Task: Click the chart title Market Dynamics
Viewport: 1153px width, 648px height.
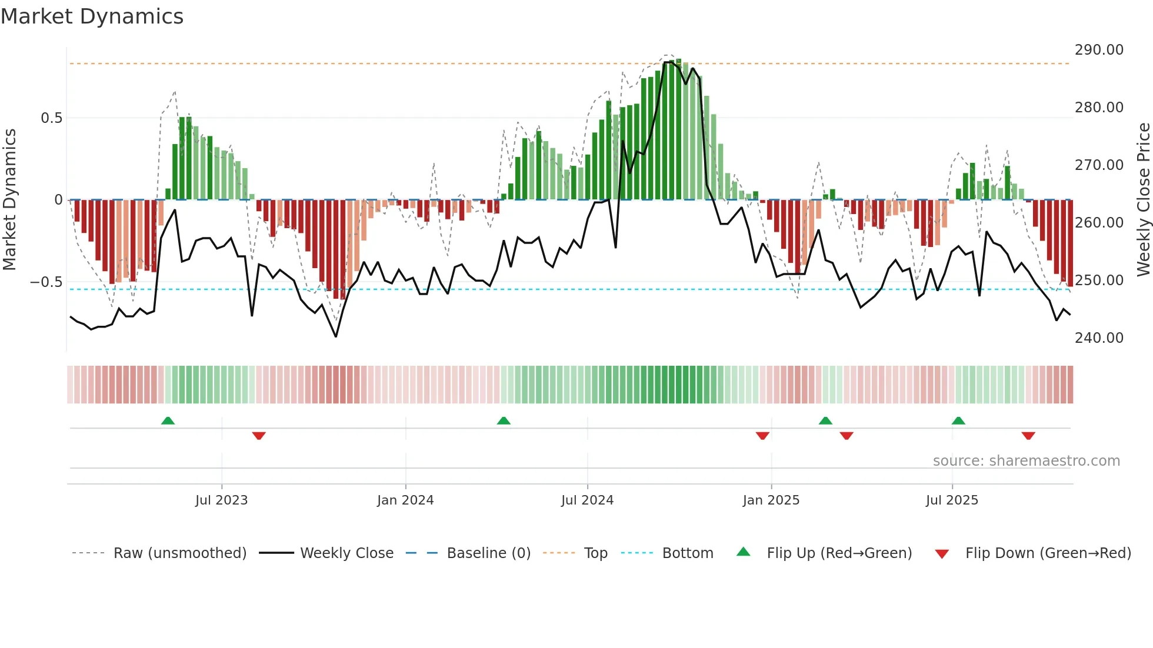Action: coord(92,16)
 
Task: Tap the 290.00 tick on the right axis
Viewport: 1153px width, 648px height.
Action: coord(1099,50)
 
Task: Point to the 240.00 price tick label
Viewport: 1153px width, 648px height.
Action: coord(1099,338)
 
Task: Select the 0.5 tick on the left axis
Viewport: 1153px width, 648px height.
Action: coord(51,118)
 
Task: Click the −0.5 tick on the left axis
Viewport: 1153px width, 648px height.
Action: coord(46,282)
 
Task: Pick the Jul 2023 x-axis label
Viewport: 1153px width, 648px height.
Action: coord(221,500)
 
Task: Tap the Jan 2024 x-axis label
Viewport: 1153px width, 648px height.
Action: coord(405,500)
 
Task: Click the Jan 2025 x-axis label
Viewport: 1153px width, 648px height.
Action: coord(771,500)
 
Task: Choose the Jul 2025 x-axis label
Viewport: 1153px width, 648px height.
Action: coord(952,500)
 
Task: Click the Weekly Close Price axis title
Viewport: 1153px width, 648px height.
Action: coord(1143,199)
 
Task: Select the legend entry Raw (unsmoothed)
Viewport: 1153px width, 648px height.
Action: coord(179,553)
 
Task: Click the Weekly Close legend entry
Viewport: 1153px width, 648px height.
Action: coord(346,553)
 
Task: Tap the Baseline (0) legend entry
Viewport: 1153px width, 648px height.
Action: coord(488,553)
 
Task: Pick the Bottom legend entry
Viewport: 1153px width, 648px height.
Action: coord(687,553)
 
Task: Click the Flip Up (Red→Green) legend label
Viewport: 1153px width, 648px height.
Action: coord(839,553)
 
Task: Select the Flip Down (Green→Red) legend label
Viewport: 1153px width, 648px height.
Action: coord(1048,553)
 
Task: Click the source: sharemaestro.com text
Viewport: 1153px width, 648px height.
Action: coord(1026,461)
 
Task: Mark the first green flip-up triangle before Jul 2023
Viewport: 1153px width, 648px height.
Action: coord(168,420)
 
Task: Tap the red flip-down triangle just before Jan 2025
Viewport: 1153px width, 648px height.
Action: coord(762,436)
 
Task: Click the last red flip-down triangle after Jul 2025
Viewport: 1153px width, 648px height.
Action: coord(1028,436)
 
